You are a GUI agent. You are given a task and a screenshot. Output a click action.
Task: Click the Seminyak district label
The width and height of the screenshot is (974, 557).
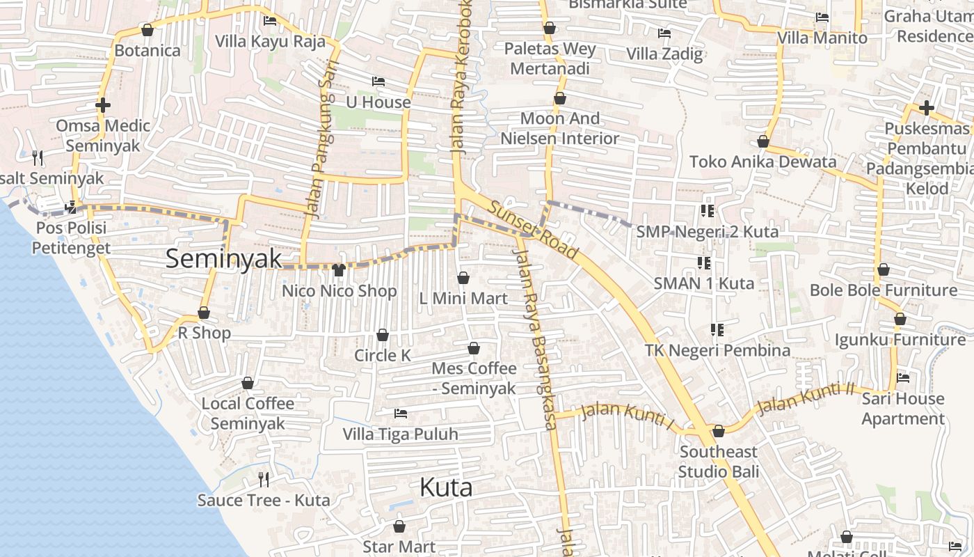pyautogui.click(x=224, y=259)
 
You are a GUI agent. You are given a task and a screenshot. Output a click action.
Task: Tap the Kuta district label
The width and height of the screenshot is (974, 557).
pyautogui.click(x=446, y=487)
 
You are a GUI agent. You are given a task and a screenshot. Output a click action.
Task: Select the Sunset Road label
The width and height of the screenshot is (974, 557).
pyautogui.click(x=533, y=230)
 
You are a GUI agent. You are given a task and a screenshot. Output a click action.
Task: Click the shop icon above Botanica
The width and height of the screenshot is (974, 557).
pyautogui.click(x=147, y=30)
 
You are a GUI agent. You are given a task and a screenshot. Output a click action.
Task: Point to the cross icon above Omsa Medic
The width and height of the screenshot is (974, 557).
pyautogui.click(x=103, y=106)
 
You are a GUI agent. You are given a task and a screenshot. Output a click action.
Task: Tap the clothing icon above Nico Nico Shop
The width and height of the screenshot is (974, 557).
pyautogui.click(x=339, y=269)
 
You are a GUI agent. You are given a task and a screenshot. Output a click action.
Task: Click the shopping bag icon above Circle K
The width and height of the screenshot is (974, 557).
pyautogui.click(x=383, y=336)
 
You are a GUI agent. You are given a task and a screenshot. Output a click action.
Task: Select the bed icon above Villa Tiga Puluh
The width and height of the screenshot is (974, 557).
pyautogui.click(x=401, y=414)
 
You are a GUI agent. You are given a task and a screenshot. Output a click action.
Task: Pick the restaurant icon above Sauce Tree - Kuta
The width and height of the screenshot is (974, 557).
pyautogui.click(x=264, y=479)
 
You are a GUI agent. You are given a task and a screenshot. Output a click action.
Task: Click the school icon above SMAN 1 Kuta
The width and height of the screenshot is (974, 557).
pyautogui.click(x=704, y=263)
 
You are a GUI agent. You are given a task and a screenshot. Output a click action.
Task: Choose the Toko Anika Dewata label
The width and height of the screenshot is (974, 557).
pyautogui.click(x=763, y=162)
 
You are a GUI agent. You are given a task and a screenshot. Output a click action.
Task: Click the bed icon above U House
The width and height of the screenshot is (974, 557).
pyautogui.click(x=378, y=81)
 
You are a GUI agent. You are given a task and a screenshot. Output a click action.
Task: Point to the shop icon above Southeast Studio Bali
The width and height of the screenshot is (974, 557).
pyautogui.click(x=719, y=432)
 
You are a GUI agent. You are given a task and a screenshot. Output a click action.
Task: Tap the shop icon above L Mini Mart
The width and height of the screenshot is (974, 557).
pyautogui.click(x=463, y=278)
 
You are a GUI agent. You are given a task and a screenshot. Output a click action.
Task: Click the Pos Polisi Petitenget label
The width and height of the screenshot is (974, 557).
pyautogui.click(x=71, y=237)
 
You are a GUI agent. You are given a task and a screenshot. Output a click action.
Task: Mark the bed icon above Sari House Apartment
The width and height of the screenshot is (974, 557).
pyautogui.click(x=903, y=378)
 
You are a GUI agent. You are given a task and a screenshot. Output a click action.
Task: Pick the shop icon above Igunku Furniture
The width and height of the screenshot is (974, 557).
pyautogui.click(x=900, y=319)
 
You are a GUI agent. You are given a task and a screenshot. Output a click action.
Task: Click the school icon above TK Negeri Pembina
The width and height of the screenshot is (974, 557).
pyautogui.click(x=717, y=329)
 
